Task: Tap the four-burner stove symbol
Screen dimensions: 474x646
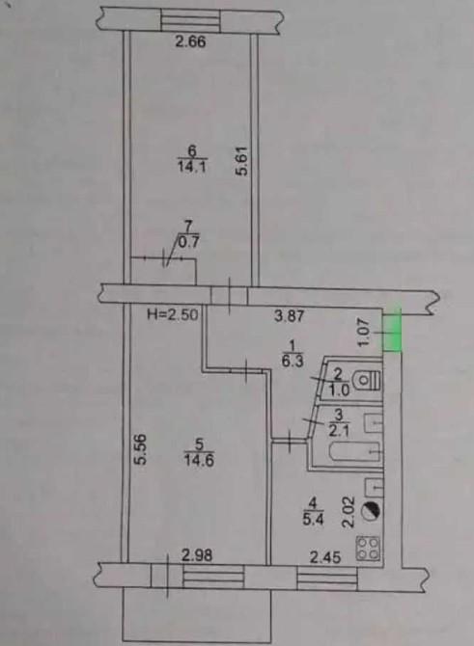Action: pos(368,549)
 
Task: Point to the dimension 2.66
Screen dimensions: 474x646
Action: pos(190,42)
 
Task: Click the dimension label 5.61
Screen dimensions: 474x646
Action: pos(242,161)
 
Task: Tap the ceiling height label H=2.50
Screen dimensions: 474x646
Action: pos(173,314)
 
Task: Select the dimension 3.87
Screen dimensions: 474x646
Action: pos(290,316)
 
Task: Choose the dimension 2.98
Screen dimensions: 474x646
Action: pos(198,555)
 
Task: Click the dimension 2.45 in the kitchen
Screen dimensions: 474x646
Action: pos(325,557)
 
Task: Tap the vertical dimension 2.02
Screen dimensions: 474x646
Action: pos(349,512)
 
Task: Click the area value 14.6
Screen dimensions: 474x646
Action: pos(199,460)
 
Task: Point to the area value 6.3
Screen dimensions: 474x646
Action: pos(294,361)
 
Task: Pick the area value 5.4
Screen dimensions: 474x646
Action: pos(314,520)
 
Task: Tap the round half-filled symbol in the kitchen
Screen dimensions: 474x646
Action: pos(371,511)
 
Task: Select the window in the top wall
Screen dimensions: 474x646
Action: pos(190,20)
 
